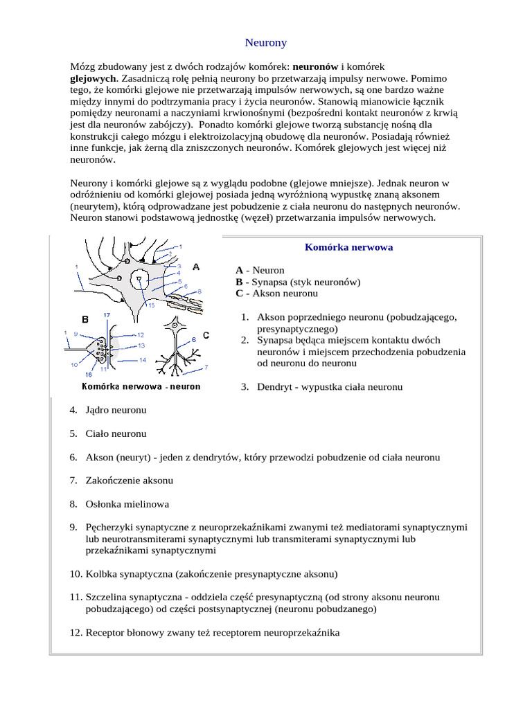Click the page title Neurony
click(x=266, y=43)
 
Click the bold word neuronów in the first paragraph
click(x=316, y=66)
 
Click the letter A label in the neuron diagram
click(x=197, y=267)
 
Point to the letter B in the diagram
click(x=85, y=319)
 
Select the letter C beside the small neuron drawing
click(x=206, y=335)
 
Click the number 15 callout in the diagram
click(x=151, y=305)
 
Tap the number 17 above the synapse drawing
click(x=106, y=315)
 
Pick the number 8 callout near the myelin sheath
click(x=199, y=291)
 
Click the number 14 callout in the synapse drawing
click(x=141, y=360)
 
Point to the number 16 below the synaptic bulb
click(x=88, y=374)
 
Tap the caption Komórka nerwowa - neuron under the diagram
click(x=141, y=387)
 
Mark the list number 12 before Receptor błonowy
click(x=76, y=633)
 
